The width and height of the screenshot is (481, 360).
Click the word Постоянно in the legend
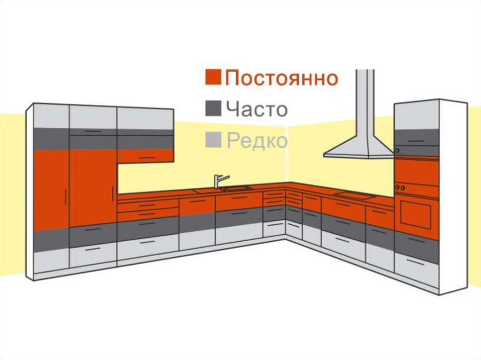281,78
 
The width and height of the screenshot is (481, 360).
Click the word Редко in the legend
257,140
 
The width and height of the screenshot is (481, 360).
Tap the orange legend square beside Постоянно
213,77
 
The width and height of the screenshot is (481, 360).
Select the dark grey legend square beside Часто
213,108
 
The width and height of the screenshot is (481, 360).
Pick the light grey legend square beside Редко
213,139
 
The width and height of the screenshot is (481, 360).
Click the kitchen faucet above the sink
219,181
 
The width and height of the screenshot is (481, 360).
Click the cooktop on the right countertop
355,195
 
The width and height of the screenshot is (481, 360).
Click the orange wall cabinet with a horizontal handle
145,156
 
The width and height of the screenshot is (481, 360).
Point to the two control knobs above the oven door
400,187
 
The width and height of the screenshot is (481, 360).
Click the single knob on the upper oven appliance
397,151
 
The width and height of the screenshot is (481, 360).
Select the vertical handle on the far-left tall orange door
65,197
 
